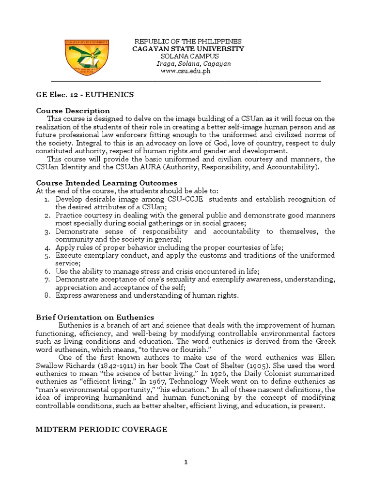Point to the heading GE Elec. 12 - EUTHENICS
(85, 95)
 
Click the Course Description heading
(73, 111)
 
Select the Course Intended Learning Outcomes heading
(107, 183)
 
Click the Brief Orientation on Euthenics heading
(95, 317)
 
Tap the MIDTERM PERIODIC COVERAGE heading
(102, 429)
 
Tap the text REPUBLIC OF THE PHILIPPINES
(188, 42)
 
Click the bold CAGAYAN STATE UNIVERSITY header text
(188, 49)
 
